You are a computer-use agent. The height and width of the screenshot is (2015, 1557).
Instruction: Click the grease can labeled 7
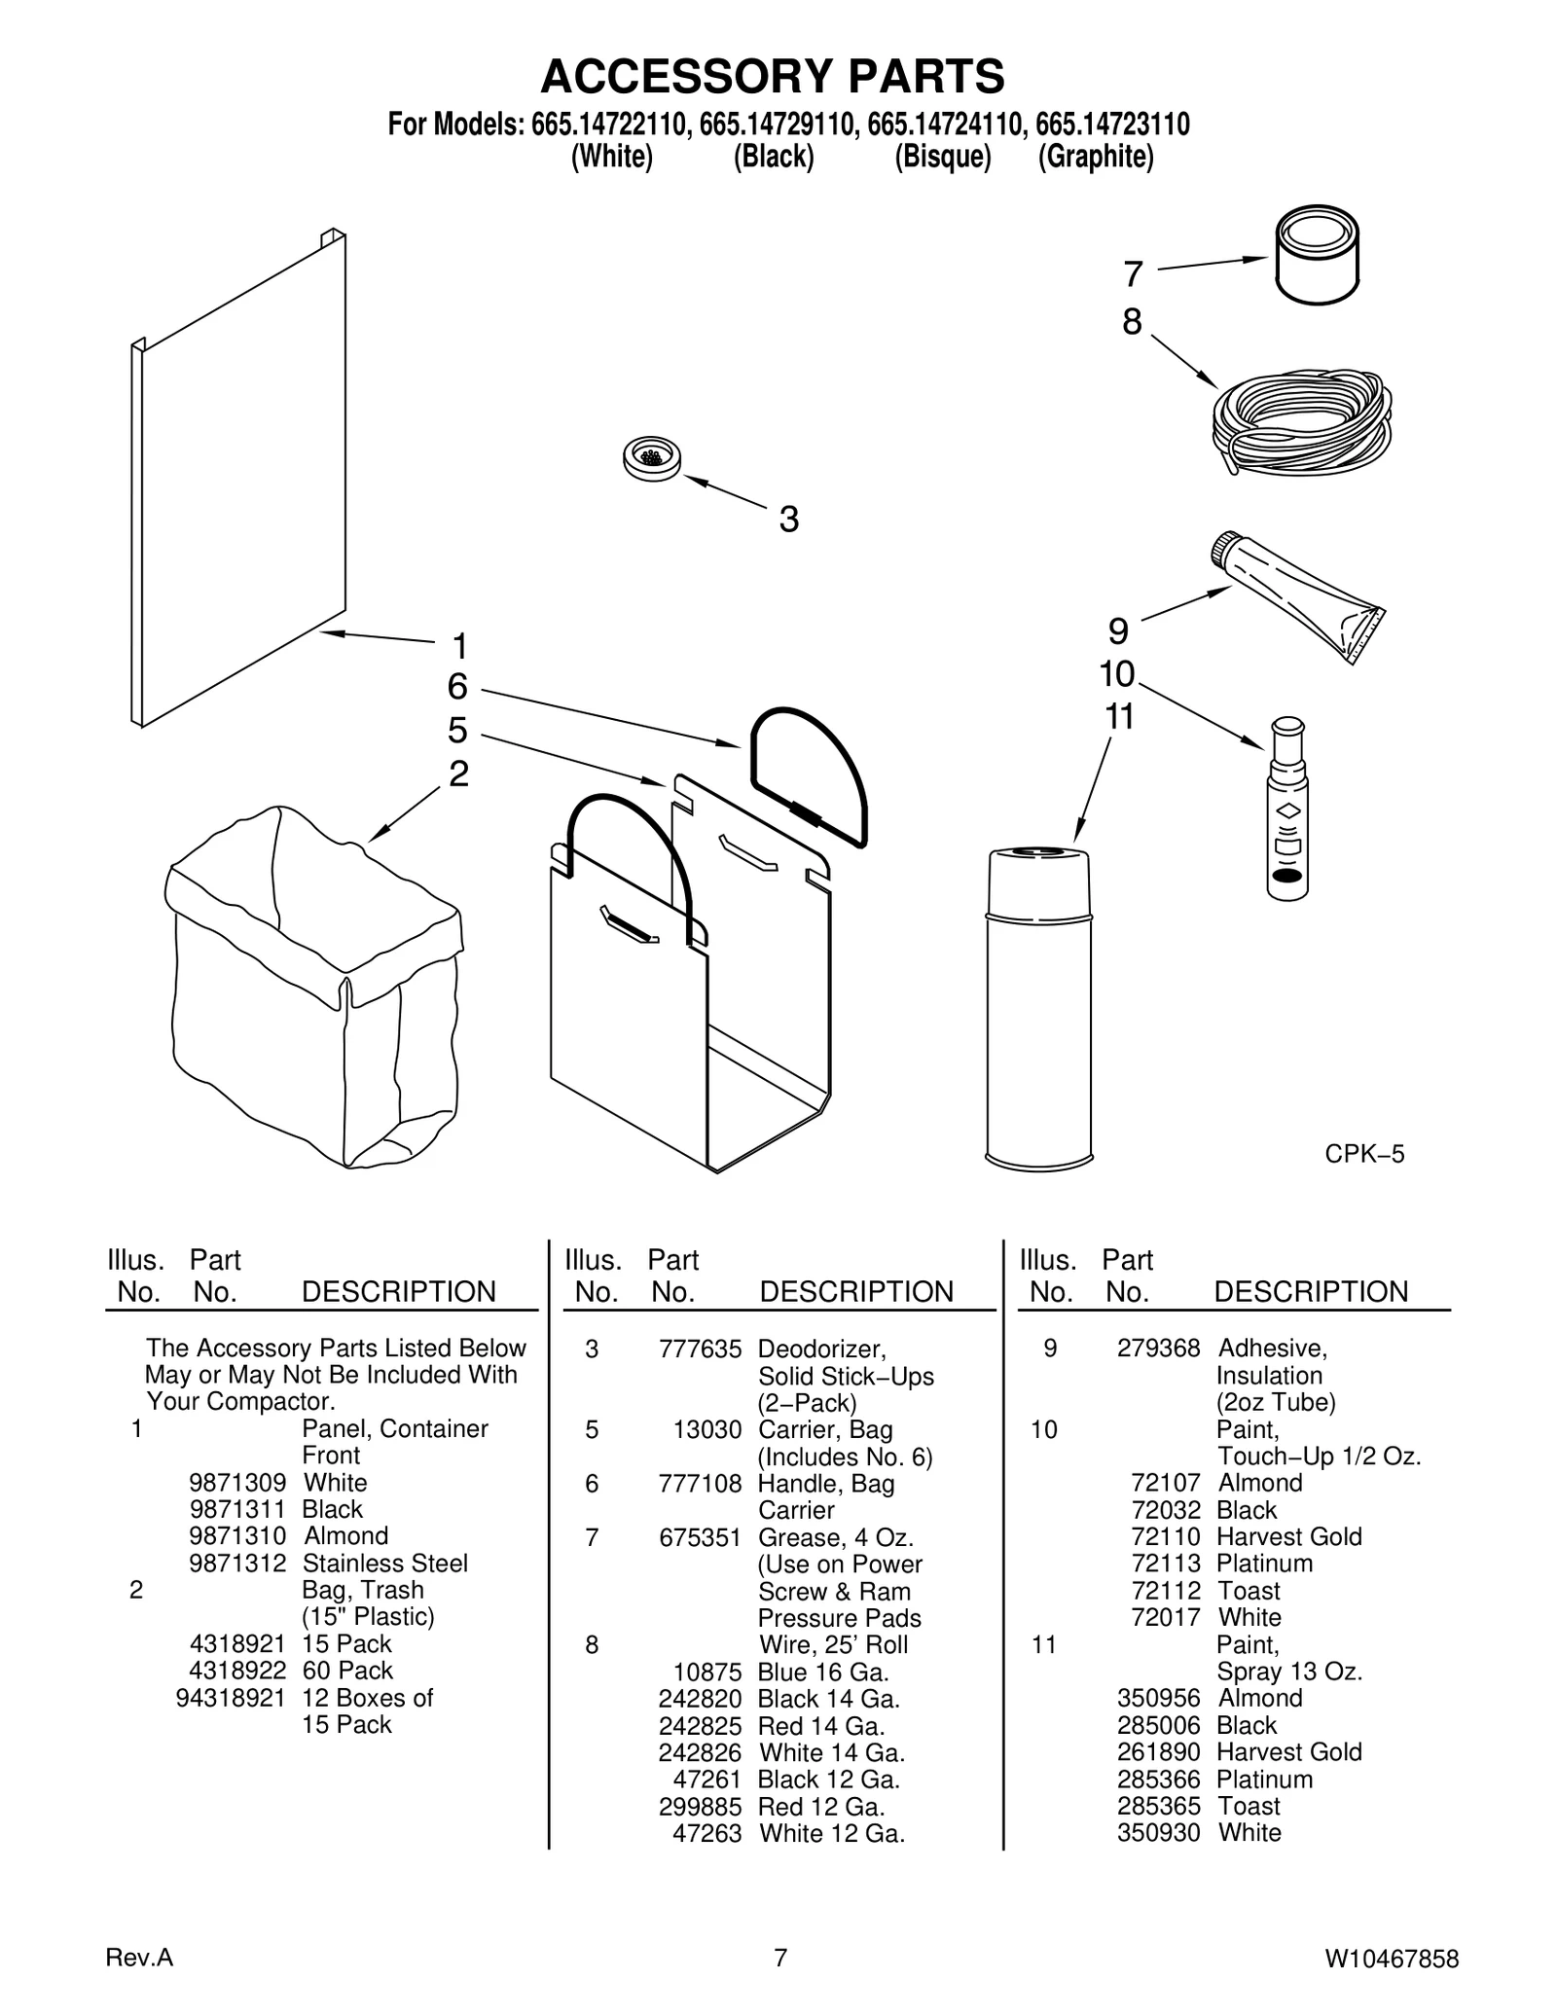click(x=1317, y=256)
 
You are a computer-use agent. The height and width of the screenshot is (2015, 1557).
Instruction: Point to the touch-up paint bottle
click(x=1287, y=810)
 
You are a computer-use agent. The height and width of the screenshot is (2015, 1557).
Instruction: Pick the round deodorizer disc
click(x=651, y=458)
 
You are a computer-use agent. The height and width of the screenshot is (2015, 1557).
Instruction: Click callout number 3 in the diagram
click(x=788, y=520)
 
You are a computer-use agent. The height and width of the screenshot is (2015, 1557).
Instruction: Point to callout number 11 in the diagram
click(x=1119, y=717)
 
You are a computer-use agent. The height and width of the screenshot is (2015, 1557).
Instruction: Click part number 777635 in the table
click(x=700, y=1349)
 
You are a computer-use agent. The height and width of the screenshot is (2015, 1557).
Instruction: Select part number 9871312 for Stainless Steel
click(x=237, y=1563)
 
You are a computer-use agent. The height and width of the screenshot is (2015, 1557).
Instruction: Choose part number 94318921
click(x=231, y=1697)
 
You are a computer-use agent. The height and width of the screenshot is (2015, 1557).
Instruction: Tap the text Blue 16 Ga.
click(x=823, y=1672)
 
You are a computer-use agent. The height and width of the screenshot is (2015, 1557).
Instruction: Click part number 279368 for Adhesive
click(x=1158, y=1348)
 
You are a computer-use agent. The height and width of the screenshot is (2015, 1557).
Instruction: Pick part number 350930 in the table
click(x=1158, y=1832)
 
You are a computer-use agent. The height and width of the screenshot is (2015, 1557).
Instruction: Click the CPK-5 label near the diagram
click(x=1364, y=1154)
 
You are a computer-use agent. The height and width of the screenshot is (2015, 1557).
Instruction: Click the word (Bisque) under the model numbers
click(x=942, y=157)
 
